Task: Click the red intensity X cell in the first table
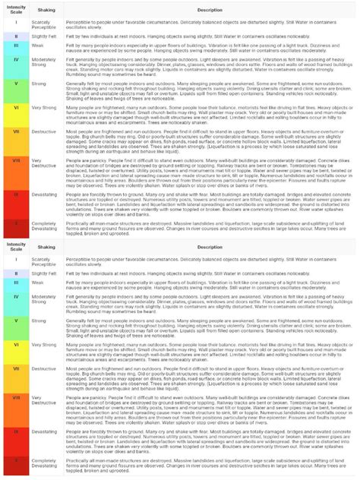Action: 15,226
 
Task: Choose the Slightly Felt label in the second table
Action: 46,272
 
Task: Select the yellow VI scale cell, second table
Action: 15,344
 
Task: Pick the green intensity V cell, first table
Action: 15,84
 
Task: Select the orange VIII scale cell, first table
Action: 15,165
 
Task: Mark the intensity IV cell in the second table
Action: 15,298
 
